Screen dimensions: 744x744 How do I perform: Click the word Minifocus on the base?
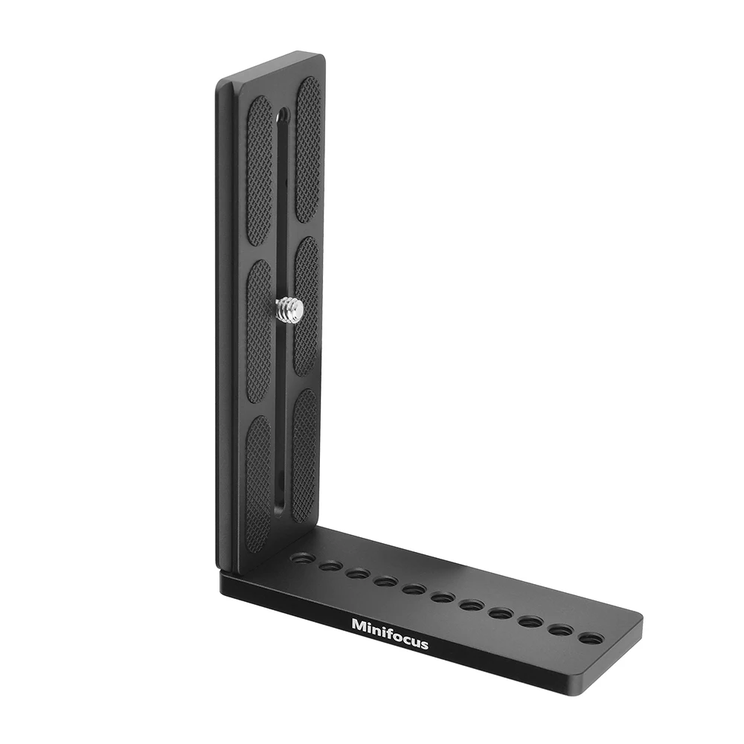390,633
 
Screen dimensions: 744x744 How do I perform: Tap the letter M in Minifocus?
359,624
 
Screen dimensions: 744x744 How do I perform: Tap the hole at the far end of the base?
589,639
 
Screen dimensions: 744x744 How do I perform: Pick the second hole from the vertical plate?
331,565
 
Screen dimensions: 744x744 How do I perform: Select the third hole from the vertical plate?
359,574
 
